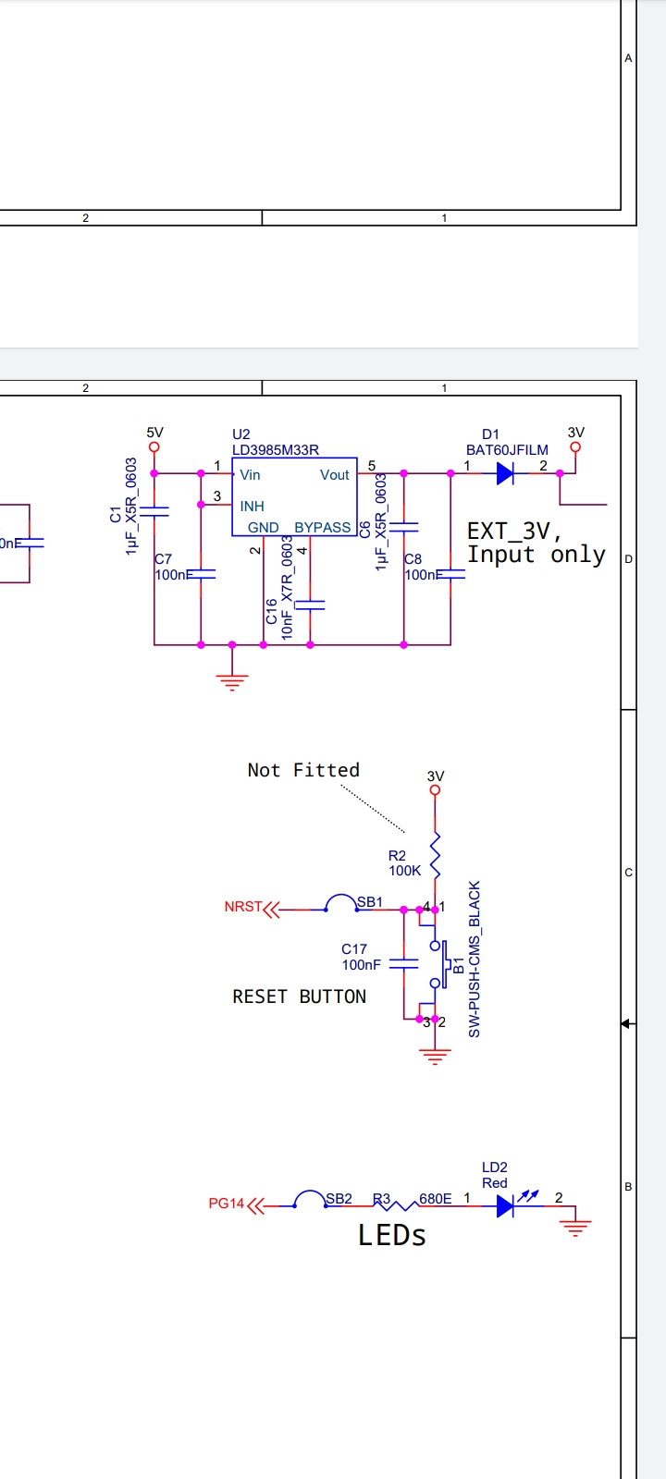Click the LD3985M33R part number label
point(275,450)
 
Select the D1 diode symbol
point(505,473)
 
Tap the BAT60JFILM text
point(507,450)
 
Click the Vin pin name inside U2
point(250,475)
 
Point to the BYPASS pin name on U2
point(322,528)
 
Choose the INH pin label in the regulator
point(252,507)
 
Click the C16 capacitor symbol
point(310,605)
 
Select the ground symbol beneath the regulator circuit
point(232,682)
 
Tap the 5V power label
point(154,433)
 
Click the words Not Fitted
point(303,770)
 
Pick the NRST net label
point(243,907)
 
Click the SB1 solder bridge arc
point(341,902)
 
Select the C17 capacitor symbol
point(404,963)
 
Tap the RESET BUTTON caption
point(299,996)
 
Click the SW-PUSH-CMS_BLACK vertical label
point(475,959)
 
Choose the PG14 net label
point(227,1204)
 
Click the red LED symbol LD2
point(506,1205)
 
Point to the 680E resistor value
point(436,1199)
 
